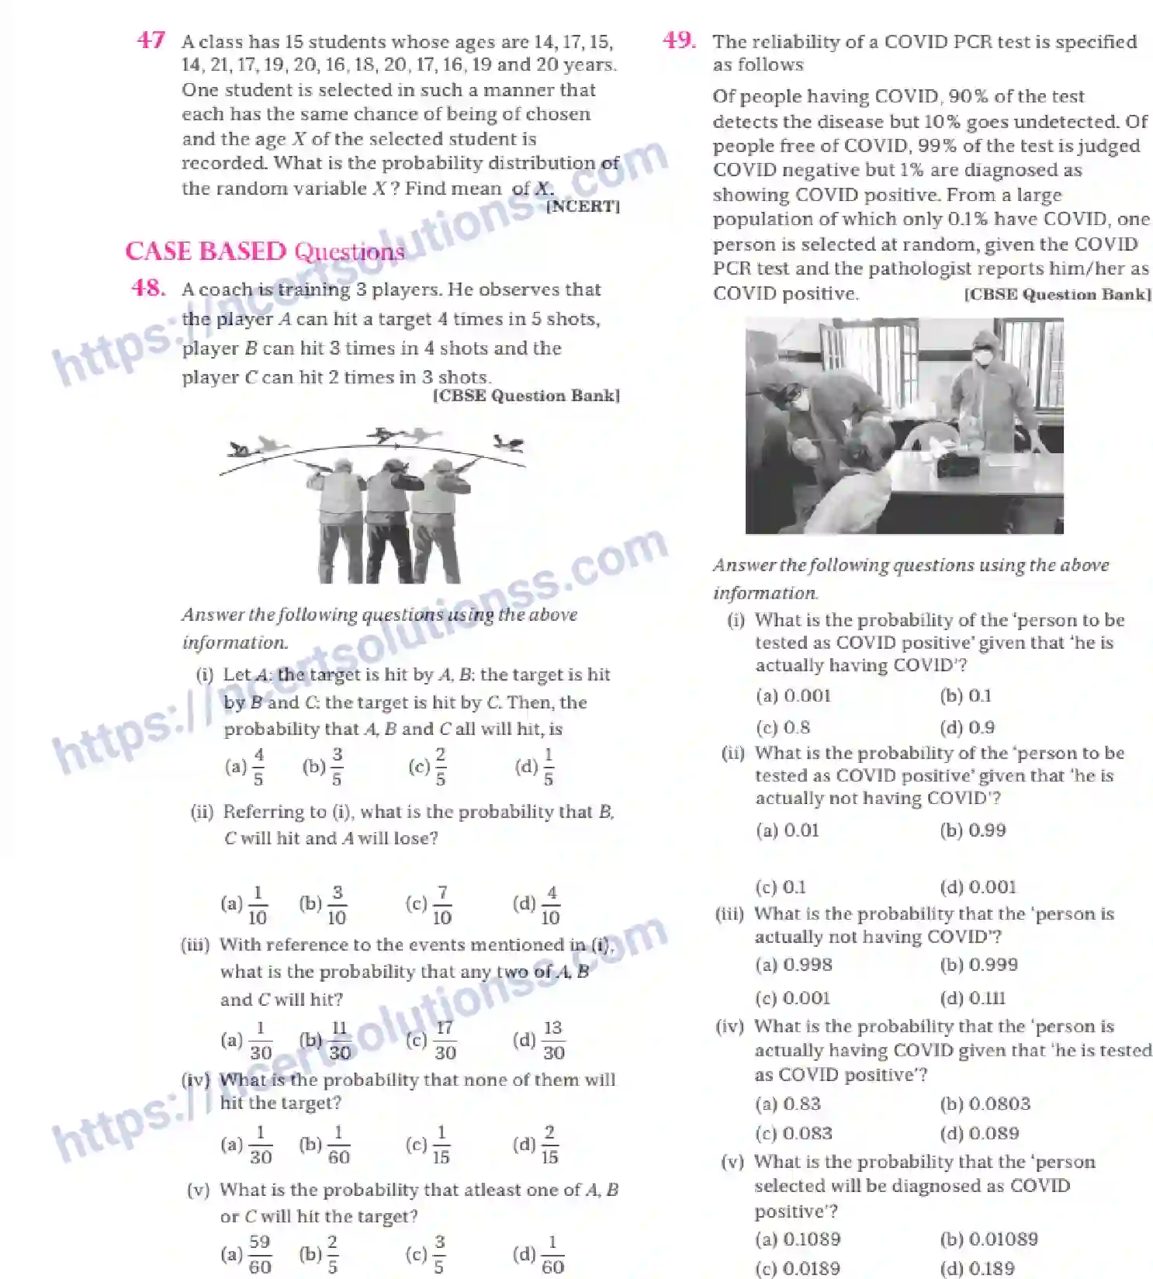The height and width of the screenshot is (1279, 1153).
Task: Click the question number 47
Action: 151,40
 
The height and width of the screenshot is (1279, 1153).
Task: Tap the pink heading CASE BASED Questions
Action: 264,251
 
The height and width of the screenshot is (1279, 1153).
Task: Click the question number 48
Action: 147,289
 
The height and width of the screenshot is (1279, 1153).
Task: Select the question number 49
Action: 679,40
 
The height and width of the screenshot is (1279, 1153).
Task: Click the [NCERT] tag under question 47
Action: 583,207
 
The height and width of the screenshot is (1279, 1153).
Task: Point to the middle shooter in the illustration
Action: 387,512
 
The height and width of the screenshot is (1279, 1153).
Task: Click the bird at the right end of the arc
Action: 510,444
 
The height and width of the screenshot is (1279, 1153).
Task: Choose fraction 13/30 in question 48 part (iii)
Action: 552,1040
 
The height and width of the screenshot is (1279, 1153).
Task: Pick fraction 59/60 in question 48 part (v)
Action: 259,1254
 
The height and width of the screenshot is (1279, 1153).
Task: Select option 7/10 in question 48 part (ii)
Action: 441,905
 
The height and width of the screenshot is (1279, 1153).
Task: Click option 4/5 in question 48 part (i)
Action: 258,766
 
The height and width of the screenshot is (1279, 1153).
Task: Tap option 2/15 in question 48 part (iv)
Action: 549,1145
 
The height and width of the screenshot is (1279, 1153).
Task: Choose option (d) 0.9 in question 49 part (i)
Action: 967,728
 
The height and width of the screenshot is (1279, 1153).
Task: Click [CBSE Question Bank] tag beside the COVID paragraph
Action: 1057,295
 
